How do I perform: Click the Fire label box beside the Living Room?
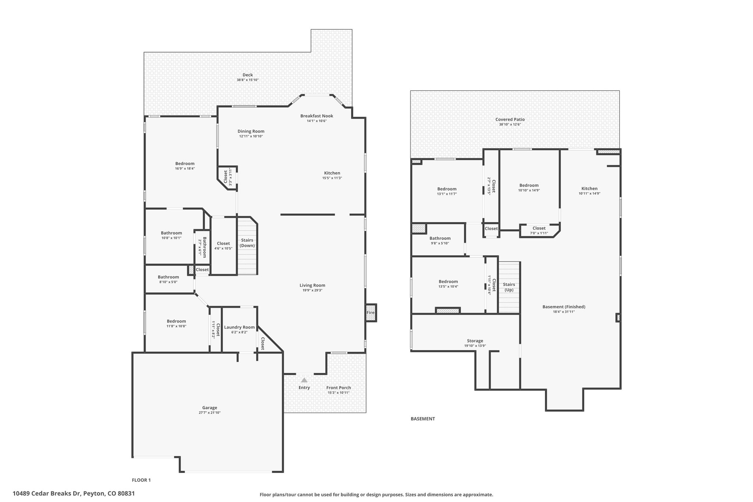tap(371, 313)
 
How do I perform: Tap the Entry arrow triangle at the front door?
tap(304, 380)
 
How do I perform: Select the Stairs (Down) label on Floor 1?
tap(247, 243)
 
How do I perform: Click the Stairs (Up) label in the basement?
tap(509, 287)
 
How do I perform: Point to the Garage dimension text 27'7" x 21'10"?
tap(210, 413)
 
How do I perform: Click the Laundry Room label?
tap(239, 327)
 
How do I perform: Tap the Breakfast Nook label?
tap(317, 116)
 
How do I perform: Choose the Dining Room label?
tap(251, 131)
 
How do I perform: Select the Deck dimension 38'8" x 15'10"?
tap(247, 80)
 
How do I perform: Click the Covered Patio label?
tap(510, 120)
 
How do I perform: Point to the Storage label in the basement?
tap(475, 341)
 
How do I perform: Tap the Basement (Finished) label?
tap(564, 307)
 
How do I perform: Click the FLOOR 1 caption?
tap(141, 480)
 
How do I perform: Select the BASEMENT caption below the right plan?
tap(423, 419)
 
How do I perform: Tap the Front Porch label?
tap(339, 388)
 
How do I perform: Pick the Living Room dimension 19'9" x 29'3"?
tap(312, 290)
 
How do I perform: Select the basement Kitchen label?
tap(589, 189)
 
